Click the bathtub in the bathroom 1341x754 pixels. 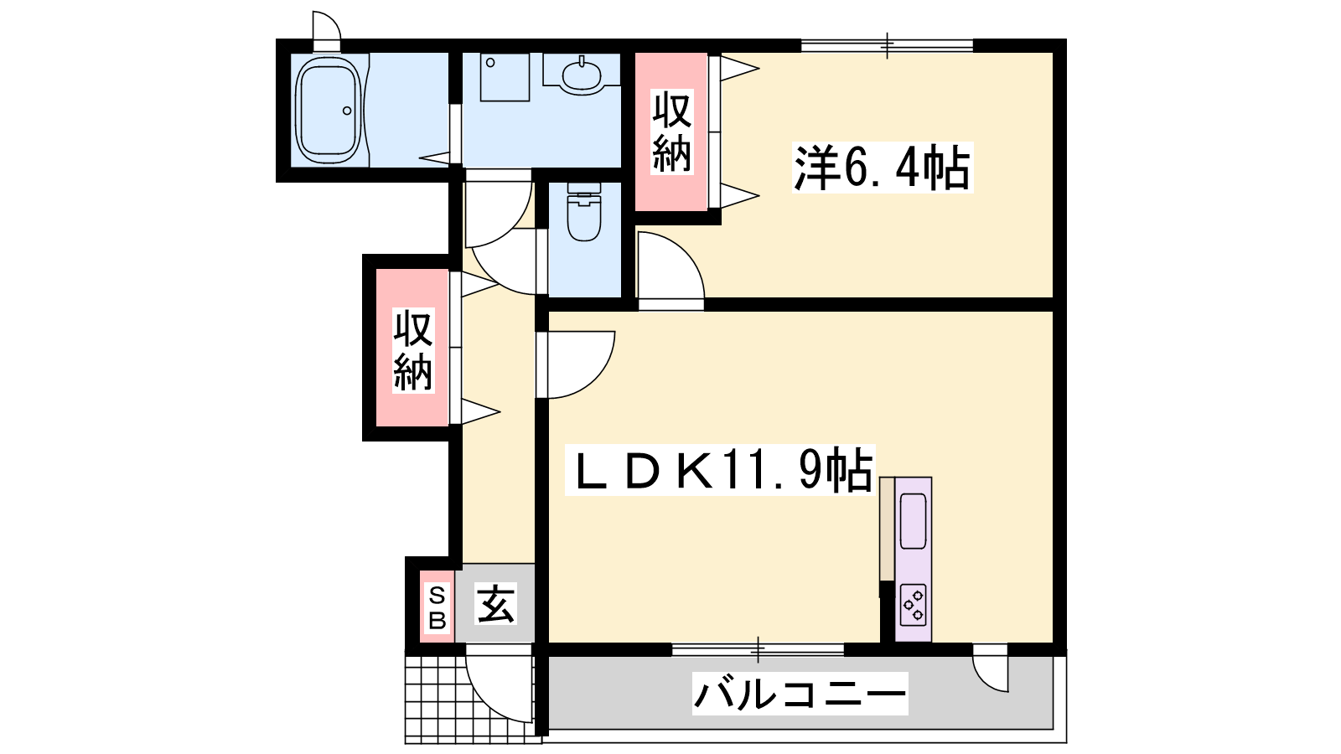click(x=330, y=111)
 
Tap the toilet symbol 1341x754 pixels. click(x=583, y=211)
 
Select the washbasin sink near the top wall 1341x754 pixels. click(x=582, y=75)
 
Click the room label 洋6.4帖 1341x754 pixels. click(x=882, y=168)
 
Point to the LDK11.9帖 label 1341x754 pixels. click(x=721, y=470)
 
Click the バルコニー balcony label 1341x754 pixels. click(x=800, y=694)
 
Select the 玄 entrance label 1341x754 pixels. click(x=495, y=603)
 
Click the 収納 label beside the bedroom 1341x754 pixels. click(x=671, y=132)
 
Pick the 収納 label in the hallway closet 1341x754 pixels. click(x=413, y=350)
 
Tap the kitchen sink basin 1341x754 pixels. click(x=913, y=520)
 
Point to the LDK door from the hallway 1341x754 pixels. click(x=575, y=364)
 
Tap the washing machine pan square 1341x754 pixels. click(x=505, y=77)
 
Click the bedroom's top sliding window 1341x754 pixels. click(x=888, y=45)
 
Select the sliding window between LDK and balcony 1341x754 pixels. click(x=758, y=649)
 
